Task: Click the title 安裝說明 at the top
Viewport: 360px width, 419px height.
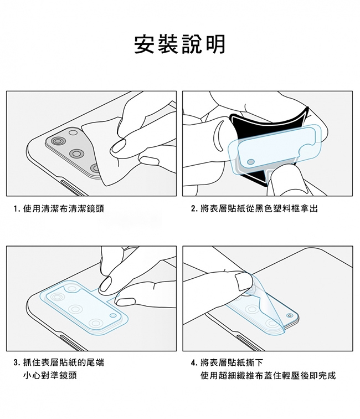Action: click(180, 44)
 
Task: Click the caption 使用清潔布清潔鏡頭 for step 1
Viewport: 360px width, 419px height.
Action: click(64, 208)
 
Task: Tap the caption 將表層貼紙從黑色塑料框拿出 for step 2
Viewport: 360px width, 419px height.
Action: click(259, 208)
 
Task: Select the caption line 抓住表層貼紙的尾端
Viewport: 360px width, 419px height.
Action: click(64, 362)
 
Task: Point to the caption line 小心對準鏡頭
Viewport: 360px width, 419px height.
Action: click(50, 375)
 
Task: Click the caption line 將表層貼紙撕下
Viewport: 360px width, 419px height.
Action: click(232, 362)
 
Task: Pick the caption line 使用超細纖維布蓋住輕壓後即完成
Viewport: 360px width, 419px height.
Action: click(268, 375)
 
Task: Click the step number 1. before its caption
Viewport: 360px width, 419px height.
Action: click(17, 209)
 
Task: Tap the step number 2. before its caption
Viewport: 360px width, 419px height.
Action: click(194, 209)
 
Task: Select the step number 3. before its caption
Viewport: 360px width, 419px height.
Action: click(17, 362)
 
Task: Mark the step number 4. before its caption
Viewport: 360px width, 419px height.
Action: click(194, 362)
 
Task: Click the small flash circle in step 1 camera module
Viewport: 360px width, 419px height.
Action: click(73, 132)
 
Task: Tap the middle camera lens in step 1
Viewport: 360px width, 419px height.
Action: click(77, 154)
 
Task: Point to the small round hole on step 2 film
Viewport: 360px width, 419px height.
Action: click(251, 162)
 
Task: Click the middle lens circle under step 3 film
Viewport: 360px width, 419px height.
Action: click(75, 309)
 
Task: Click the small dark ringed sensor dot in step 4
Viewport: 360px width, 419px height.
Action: click(289, 315)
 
